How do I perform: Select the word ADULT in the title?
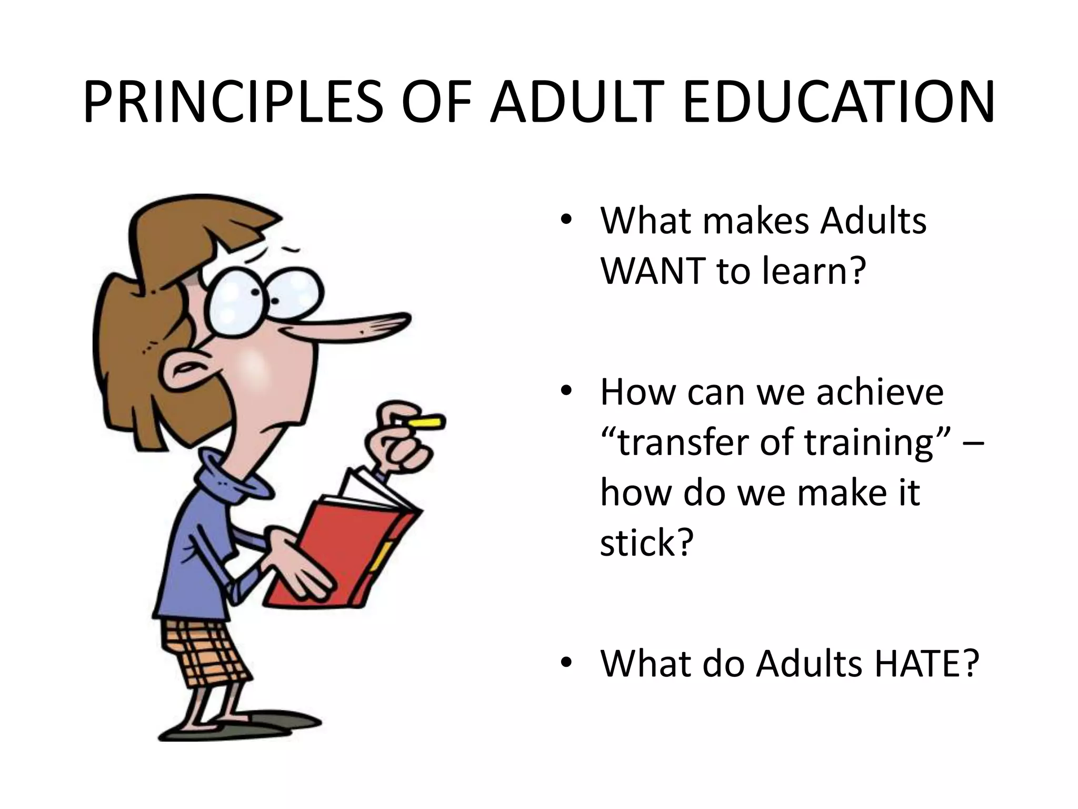(x=576, y=103)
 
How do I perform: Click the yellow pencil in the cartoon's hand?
(x=427, y=422)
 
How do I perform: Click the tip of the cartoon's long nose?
(x=405, y=319)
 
